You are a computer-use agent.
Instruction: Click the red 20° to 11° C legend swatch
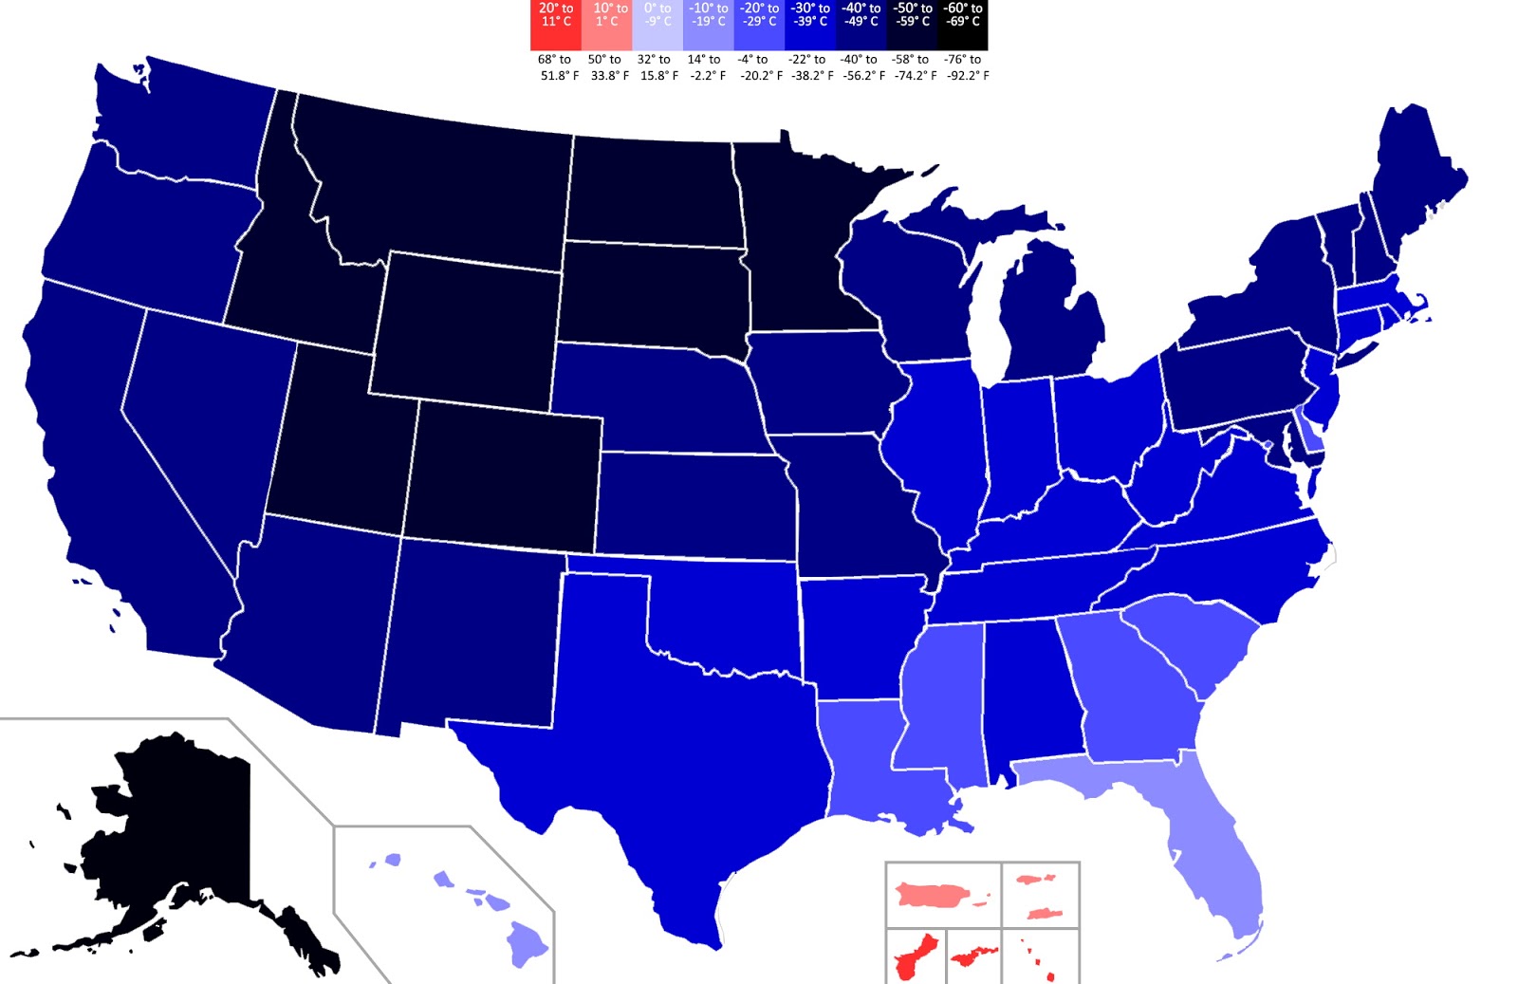click(556, 25)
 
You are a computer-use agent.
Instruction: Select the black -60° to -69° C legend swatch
click(962, 25)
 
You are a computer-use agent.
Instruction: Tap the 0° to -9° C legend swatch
click(657, 25)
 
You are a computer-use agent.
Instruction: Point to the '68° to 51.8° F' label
click(558, 67)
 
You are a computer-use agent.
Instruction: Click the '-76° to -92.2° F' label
click(966, 67)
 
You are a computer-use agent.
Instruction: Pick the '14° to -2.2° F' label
click(707, 67)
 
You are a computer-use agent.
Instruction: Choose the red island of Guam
click(913, 958)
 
